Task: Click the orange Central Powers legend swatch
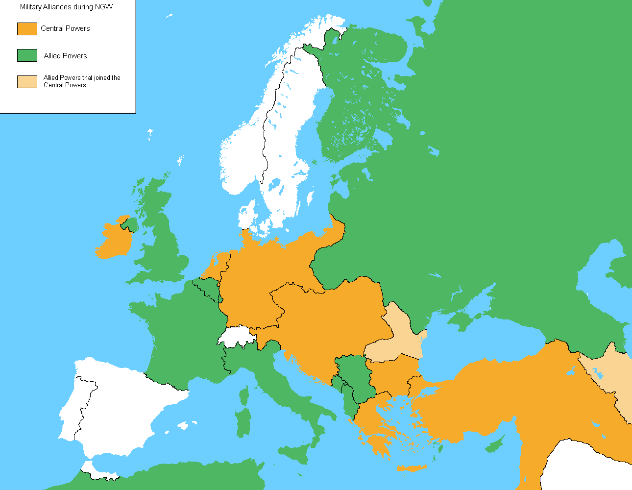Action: tap(27, 28)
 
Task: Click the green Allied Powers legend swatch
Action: tap(27, 55)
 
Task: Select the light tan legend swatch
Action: tap(27, 81)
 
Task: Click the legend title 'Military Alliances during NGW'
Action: tap(66, 7)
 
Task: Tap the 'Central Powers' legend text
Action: tap(65, 28)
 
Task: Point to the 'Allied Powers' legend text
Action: tap(65, 56)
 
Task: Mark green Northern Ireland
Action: tap(129, 224)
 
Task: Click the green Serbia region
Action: tap(355, 377)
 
